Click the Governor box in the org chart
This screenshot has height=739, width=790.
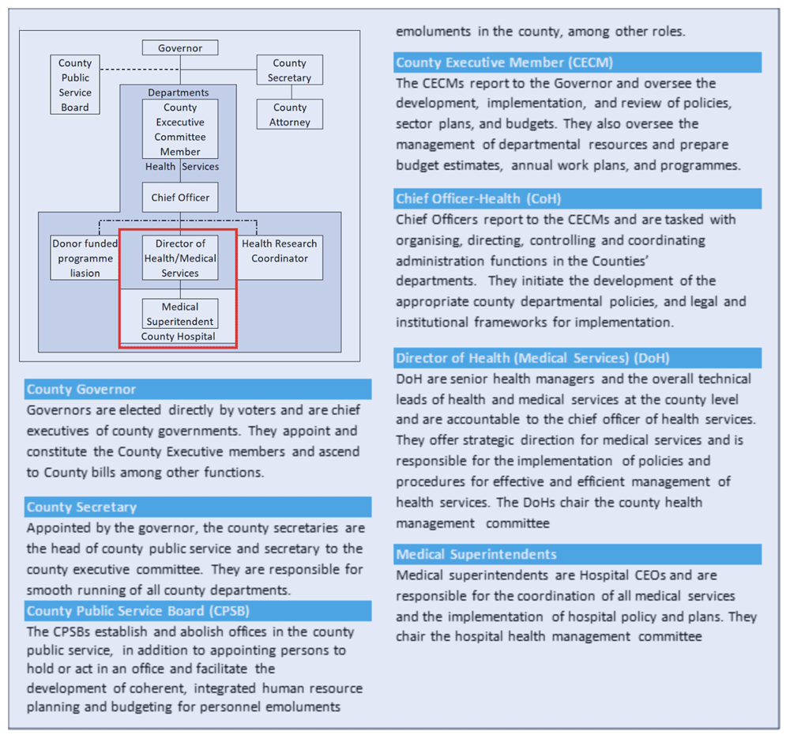180,48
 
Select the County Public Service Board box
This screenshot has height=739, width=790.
75,85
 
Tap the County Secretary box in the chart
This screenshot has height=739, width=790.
289,70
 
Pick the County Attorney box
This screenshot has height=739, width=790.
289,115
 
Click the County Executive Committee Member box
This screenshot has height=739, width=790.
180,129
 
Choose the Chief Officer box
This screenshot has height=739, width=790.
180,198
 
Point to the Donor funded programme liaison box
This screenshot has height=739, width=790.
85,258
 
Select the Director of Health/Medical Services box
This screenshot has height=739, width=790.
180,258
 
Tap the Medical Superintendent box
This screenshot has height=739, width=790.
180,314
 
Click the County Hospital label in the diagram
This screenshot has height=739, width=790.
178,337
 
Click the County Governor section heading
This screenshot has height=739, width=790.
81,390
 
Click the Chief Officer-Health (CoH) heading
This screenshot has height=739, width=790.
479,198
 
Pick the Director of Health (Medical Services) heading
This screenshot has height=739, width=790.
533,358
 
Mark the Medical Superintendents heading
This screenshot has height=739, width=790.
476,554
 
